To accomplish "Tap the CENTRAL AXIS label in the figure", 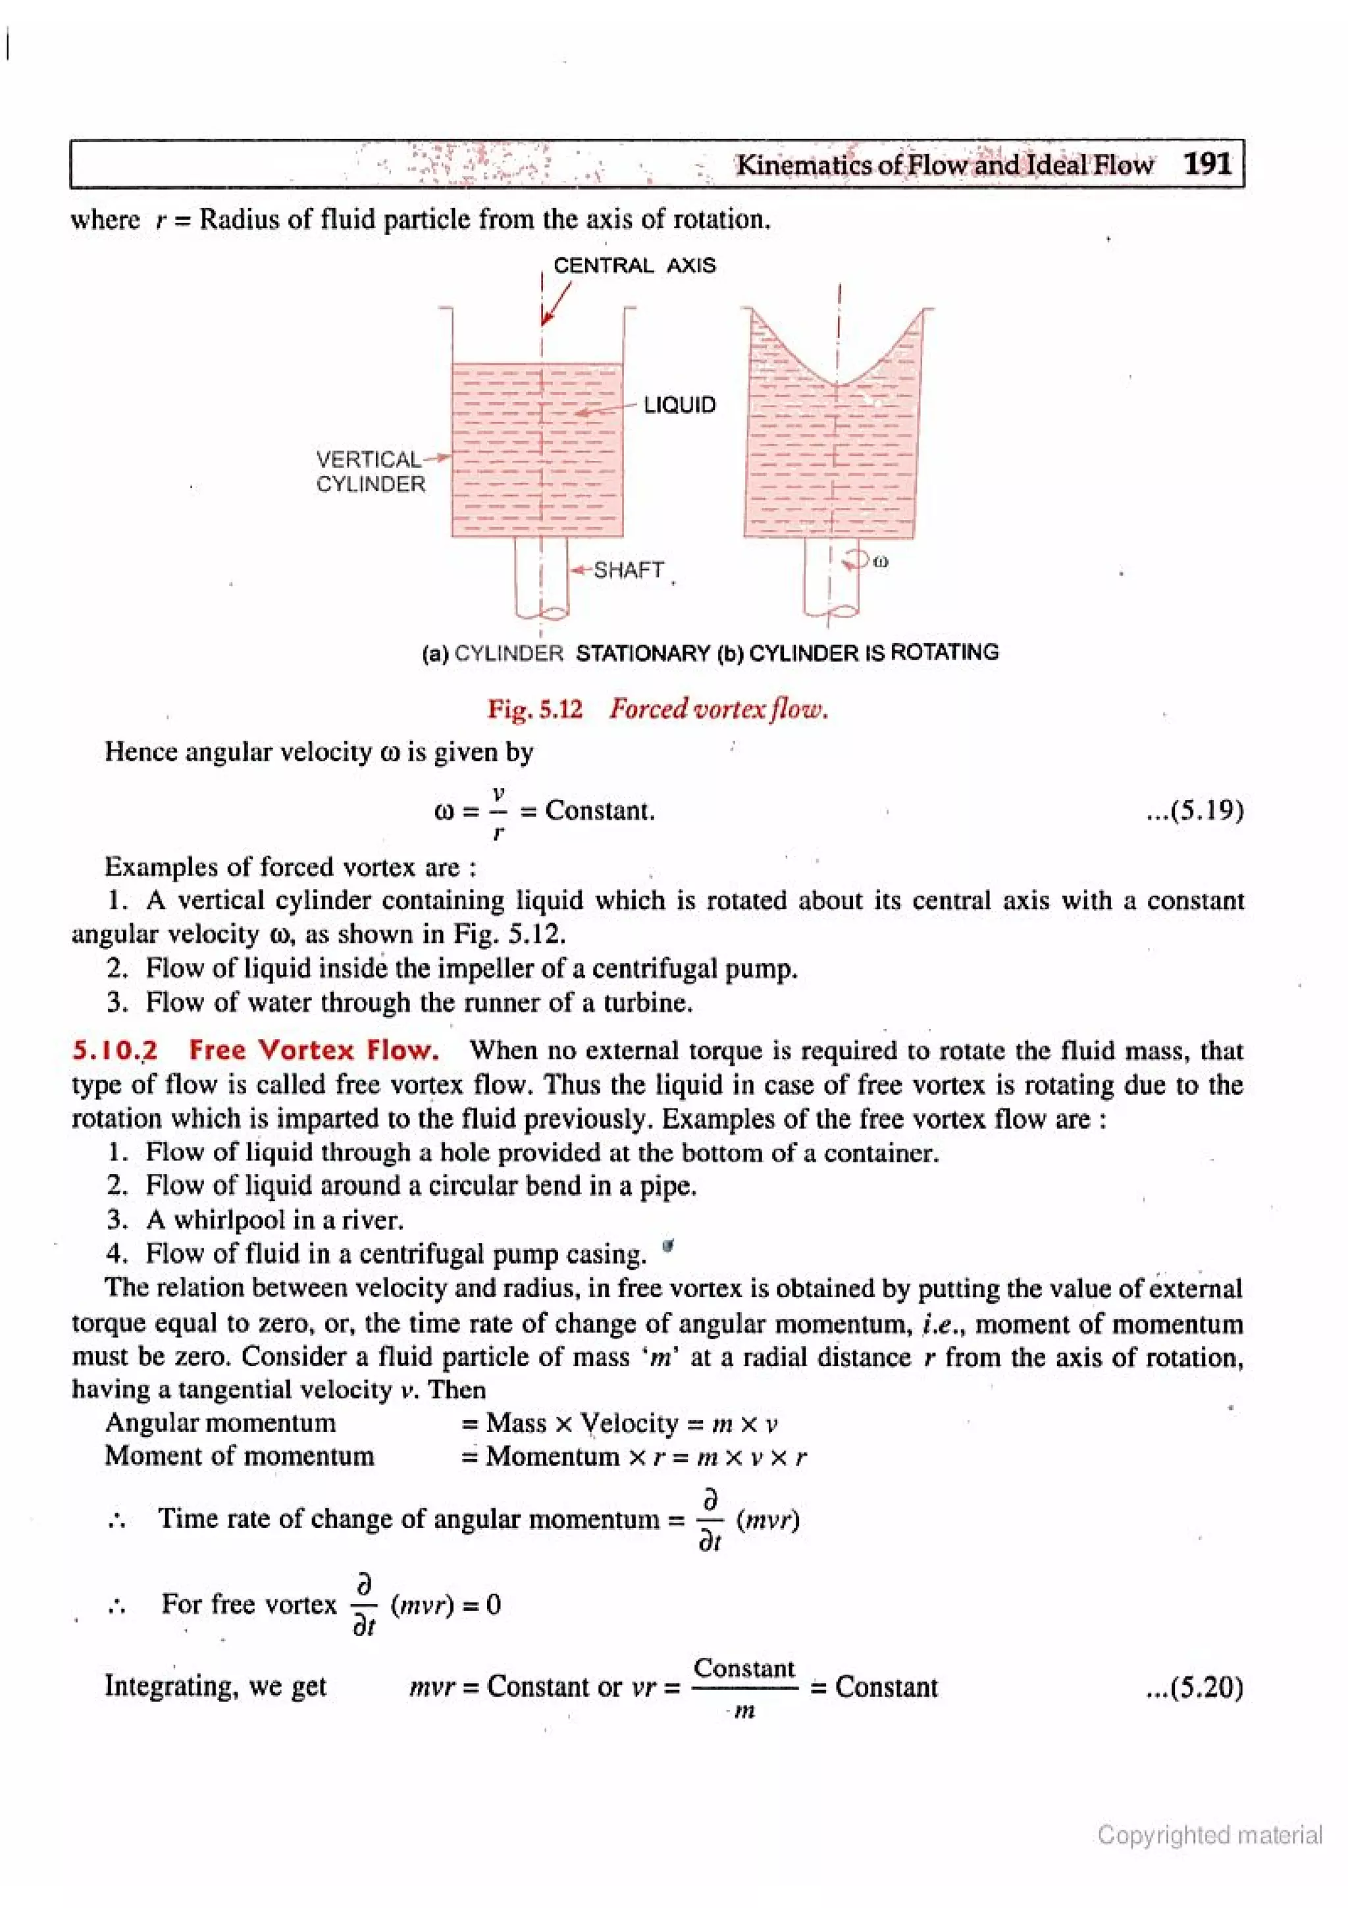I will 634,266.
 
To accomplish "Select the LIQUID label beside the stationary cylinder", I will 679,406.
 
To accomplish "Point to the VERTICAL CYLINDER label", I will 370,472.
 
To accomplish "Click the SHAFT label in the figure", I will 628,570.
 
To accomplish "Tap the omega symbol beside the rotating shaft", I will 881,562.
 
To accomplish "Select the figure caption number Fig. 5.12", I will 535,709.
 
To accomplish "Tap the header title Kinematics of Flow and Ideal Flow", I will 945,165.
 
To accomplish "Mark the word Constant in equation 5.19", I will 599,810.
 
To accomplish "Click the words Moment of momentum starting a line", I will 239,1456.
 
